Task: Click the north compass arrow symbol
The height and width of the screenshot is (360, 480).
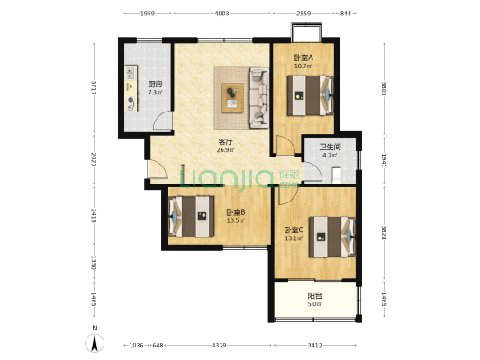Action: tap(95, 343)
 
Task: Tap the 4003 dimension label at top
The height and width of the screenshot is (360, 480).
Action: tap(222, 13)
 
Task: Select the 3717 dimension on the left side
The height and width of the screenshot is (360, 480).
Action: tap(95, 88)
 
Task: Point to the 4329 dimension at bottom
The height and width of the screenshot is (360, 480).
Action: tap(219, 346)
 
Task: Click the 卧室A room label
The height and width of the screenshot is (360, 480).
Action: tap(303, 58)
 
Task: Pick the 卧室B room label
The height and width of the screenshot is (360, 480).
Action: tap(235, 212)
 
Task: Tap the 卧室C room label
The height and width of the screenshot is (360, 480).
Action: tap(294, 229)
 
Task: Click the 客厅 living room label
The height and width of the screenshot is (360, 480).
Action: tap(226, 142)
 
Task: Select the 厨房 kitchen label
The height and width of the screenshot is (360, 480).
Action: tap(155, 84)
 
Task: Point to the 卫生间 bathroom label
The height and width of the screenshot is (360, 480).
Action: tap(331, 147)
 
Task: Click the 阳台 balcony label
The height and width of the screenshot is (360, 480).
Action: tap(314, 296)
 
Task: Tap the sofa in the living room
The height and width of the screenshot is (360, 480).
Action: tap(259, 97)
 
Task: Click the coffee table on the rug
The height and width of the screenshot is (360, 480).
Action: tap(233, 98)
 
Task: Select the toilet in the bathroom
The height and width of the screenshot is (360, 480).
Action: tap(337, 175)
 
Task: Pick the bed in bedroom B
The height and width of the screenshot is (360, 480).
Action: tap(191, 216)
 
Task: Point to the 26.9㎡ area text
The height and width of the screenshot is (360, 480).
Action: tap(226, 150)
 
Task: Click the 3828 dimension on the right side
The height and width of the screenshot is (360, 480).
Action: tap(384, 232)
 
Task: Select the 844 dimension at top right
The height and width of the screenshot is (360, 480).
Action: tap(346, 13)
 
